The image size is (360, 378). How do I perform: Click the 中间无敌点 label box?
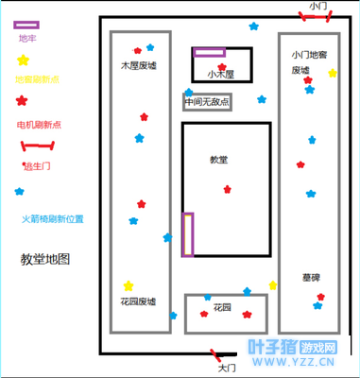(x=207, y=101)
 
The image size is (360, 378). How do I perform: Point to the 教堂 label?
(x=218, y=160)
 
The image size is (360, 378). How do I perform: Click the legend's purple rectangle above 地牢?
(x=27, y=25)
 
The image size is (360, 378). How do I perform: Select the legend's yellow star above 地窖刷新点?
(x=23, y=60)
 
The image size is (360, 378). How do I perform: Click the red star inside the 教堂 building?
(x=227, y=189)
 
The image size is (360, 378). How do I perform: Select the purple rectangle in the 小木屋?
(x=210, y=53)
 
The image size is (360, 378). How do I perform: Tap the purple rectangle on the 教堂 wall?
(x=188, y=234)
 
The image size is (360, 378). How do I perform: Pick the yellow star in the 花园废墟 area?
(x=129, y=285)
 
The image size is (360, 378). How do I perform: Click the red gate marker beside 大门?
(x=224, y=357)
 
